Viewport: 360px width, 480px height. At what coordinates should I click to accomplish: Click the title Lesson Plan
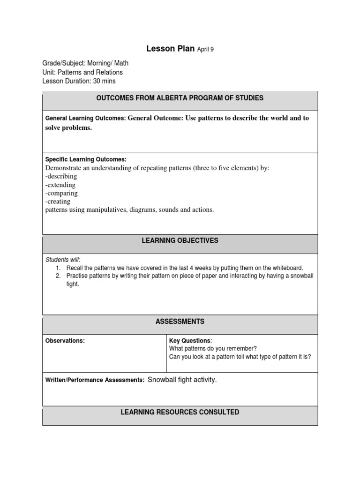pos(170,48)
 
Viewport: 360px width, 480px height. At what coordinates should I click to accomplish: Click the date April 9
pos(205,49)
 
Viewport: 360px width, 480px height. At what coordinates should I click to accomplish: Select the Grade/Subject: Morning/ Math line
pos(85,63)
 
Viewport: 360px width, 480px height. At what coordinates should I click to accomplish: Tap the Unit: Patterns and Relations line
pos(82,72)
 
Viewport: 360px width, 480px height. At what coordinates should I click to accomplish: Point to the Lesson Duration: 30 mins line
pos(79,81)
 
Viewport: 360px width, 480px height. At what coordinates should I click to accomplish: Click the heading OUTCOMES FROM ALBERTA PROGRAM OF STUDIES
pos(180,98)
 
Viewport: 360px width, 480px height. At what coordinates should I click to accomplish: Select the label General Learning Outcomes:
pos(85,119)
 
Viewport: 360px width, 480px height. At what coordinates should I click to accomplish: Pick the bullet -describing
pos(61,176)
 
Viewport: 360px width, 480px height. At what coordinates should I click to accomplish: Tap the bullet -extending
pos(60,185)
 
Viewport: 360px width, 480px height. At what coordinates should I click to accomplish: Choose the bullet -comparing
pos(61,193)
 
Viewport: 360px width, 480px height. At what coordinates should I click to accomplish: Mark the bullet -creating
pos(58,202)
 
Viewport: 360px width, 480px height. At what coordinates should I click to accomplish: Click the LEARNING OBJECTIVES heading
pos(180,240)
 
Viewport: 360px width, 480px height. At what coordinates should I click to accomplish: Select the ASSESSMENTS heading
pos(180,322)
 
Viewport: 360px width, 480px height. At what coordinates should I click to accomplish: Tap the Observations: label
pos(65,341)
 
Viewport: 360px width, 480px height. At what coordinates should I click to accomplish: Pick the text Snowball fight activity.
pos(182,380)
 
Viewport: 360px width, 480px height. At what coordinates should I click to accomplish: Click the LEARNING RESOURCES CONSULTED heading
pos(180,412)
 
